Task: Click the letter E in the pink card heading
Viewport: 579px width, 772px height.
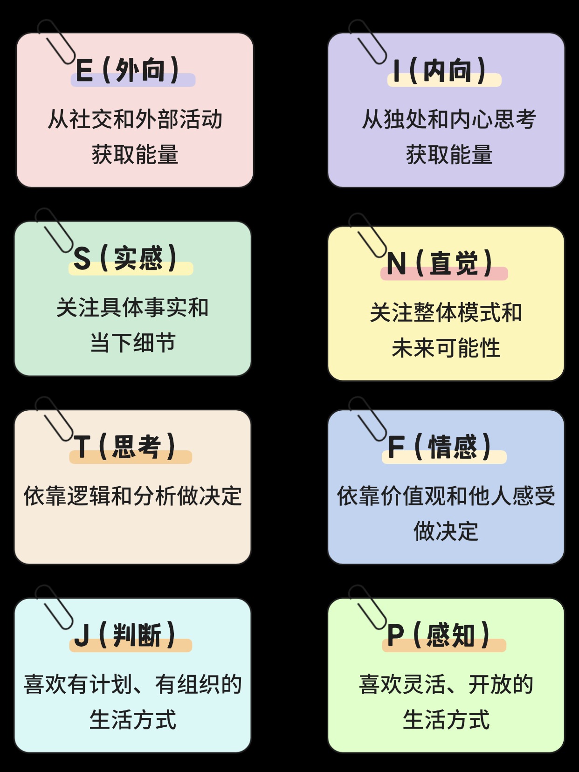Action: (x=84, y=70)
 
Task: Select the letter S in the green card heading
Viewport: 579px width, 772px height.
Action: (x=82, y=259)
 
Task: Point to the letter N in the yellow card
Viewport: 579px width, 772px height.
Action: (x=397, y=264)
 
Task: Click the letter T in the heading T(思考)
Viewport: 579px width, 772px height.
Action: (x=82, y=447)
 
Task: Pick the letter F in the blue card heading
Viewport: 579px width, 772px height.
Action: (x=396, y=447)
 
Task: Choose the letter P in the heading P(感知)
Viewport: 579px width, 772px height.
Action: (x=395, y=635)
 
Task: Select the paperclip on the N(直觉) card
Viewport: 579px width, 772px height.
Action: (x=368, y=235)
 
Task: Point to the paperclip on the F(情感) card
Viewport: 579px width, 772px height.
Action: (x=368, y=419)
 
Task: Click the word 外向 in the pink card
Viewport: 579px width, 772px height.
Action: (x=140, y=70)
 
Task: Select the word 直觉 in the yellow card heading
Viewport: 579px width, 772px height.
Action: (x=454, y=263)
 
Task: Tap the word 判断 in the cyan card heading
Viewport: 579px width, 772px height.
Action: (x=137, y=635)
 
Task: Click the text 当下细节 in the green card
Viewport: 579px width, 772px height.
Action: (x=133, y=342)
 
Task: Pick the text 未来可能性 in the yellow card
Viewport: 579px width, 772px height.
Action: (x=446, y=347)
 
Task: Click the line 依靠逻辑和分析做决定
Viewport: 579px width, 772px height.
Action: (x=132, y=496)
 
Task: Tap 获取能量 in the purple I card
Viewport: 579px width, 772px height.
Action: (x=449, y=154)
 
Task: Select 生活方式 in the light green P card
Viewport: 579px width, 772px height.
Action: (x=446, y=719)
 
